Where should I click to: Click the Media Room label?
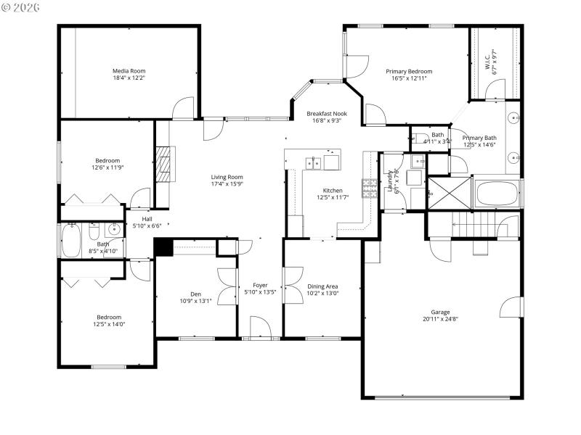click(129, 71)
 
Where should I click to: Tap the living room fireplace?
click(166, 166)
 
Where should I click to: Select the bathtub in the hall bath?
click(71, 241)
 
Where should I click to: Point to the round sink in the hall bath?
click(113, 230)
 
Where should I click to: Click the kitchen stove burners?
click(369, 187)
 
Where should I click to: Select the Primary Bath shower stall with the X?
click(448, 192)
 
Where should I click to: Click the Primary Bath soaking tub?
click(497, 193)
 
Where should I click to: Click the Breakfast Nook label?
click(326, 114)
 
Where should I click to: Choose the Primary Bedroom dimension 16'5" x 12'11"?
click(409, 78)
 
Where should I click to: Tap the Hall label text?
click(147, 219)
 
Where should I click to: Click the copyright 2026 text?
click(20, 7)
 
